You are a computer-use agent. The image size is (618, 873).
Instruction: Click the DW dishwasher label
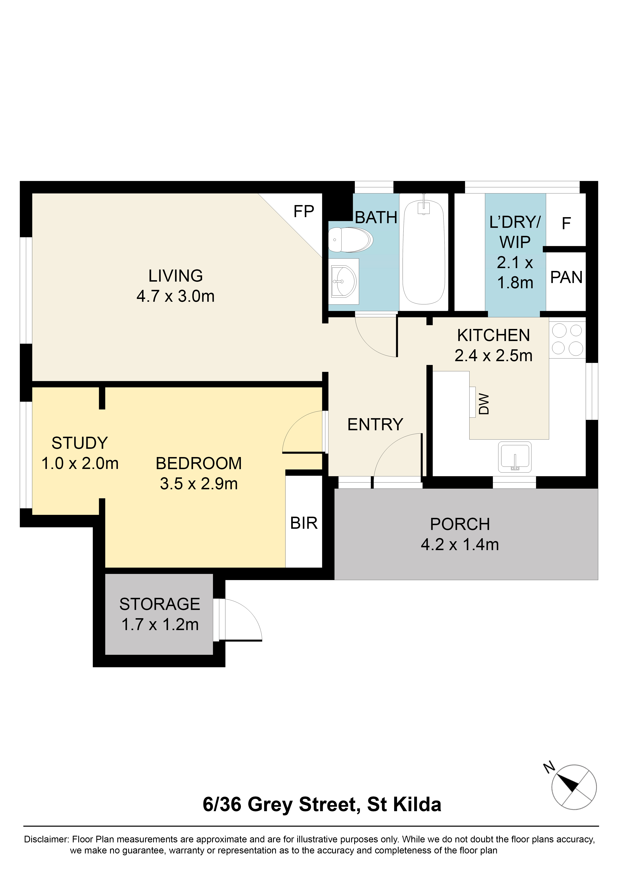point(484,404)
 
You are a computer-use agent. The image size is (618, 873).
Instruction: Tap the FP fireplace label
point(303,211)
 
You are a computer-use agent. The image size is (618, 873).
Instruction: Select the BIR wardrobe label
point(303,523)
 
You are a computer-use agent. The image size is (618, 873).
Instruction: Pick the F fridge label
point(566,223)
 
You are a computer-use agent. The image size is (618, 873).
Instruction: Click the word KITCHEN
point(493,335)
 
